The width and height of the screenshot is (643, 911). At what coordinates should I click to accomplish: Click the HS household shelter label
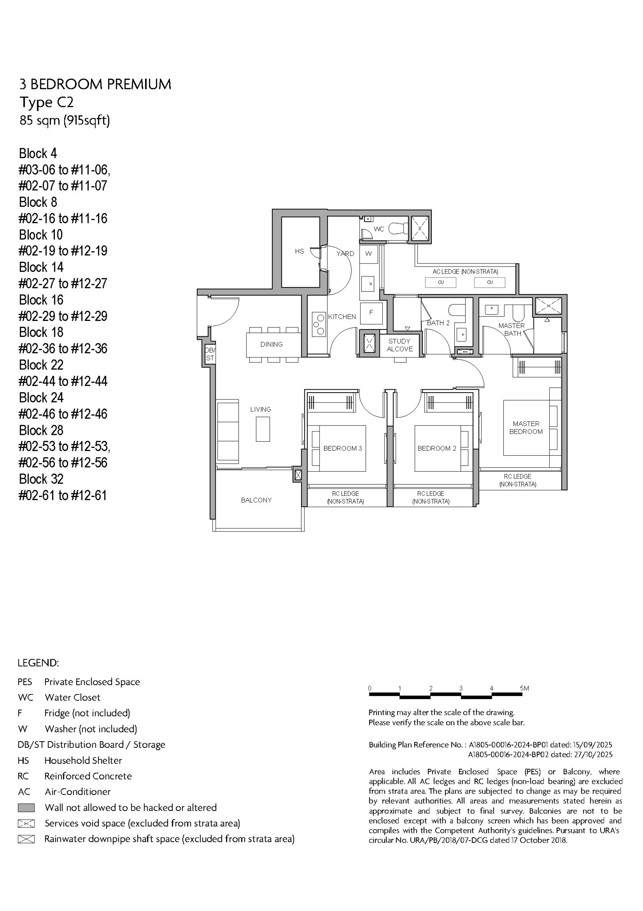point(299,251)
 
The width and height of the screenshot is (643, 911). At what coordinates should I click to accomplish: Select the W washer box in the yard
point(368,253)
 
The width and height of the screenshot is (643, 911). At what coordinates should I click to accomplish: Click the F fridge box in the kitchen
point(371,312)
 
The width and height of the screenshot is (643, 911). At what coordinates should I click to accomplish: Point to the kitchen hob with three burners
point(319,324)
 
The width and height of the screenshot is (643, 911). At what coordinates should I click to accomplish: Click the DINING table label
point(272,344)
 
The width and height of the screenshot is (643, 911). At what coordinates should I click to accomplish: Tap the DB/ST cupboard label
point(210,354)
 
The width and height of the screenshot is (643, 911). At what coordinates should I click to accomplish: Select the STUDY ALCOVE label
point(400,345)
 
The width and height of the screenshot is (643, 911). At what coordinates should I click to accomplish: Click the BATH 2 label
point(438,323)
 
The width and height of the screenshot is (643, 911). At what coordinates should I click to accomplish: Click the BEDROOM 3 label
point(343,448)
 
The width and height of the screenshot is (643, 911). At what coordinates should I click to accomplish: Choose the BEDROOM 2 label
point(436,448)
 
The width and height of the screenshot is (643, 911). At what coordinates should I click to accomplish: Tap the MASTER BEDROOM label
point(526,428)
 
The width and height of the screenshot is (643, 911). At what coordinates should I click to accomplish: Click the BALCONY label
point(256,500)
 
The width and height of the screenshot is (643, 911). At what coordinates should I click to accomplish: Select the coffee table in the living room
point(263,429)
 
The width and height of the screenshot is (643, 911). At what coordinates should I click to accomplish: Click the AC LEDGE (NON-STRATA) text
point(465,272)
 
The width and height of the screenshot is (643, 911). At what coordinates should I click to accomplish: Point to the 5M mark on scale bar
point(524,688)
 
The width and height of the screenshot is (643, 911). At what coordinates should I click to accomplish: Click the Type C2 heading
point(47,102)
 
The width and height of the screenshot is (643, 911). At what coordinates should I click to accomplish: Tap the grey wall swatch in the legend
point(26,807)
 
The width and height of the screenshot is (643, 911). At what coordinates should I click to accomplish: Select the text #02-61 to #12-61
point(63,496)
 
